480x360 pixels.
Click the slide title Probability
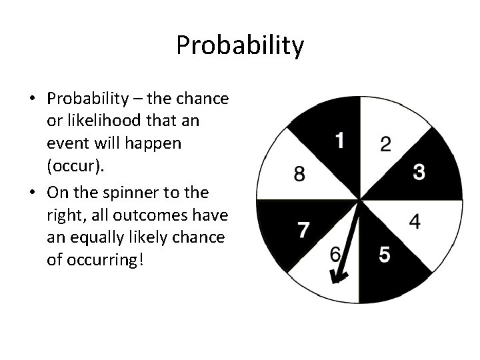click(240, 46)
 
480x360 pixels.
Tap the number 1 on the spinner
click(340, 141)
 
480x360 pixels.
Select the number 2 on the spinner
click(386, 145)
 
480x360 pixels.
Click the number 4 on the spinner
click(415, 222)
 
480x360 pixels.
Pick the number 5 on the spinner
click(385, 255)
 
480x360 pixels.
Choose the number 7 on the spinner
click(303, 230)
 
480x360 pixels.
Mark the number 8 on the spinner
click(300, 175)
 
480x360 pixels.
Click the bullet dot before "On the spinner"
click(33, 193)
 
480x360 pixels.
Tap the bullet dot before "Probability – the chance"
click(33, 99)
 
